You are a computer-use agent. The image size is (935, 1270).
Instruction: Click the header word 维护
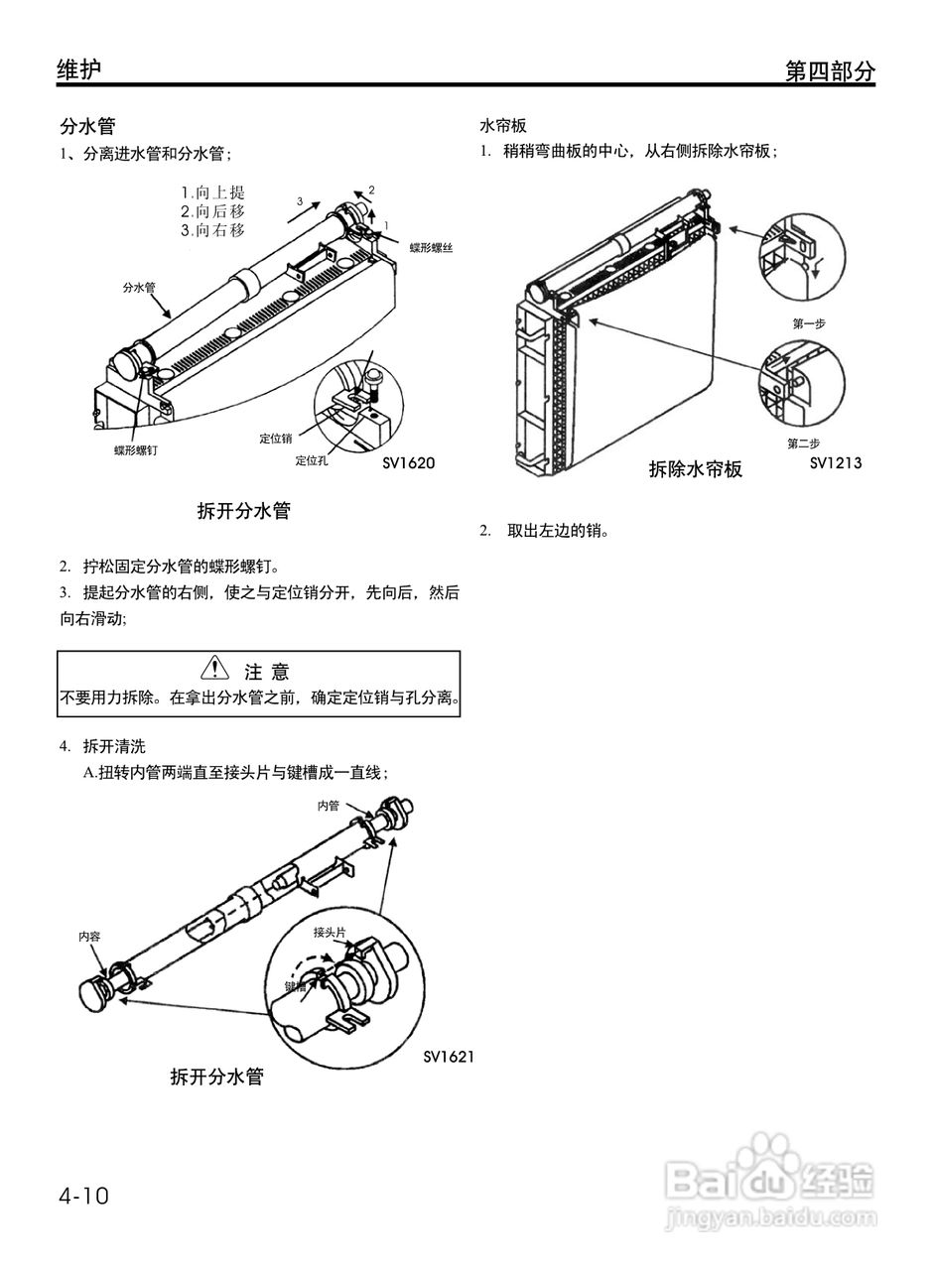(x=79, y=69)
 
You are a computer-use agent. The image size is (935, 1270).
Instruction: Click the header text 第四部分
(x=830, y=71)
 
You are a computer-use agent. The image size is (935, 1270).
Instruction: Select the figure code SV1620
(x=409, y=462)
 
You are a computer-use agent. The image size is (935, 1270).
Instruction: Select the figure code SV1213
(x=835, y=462)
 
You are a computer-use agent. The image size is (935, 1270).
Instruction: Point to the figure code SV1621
(x=449, y=1056)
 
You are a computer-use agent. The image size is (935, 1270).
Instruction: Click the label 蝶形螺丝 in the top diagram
(x=431, y=247)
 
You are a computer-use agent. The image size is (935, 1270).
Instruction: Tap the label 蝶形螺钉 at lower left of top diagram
(x=136, y=449)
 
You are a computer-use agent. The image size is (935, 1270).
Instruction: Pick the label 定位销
(x=276, y=438)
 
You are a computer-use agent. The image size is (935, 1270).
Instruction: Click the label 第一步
(x=809, y=323)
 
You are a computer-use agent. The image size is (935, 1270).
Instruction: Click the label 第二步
(x=803, y=443)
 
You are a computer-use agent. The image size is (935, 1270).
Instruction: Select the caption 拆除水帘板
(x=695, y=469)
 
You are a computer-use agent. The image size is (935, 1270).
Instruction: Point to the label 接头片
(x=330, y=932)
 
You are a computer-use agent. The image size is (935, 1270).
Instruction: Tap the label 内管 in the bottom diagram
(x=329, y=806)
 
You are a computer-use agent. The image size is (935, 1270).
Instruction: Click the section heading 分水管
(x=87, y=126)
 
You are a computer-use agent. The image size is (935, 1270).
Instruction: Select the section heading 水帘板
(x=503, y=126)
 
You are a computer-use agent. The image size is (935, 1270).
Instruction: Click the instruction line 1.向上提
(x=212, y=192)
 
